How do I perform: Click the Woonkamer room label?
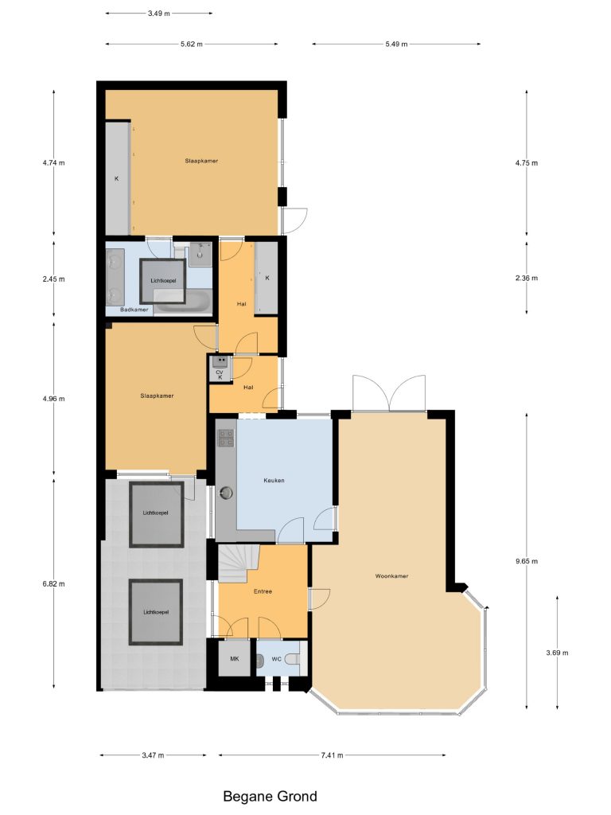tap(391, 576)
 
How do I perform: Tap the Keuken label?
tap(274, 480)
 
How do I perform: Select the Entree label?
tap(263, 591)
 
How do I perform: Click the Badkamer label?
tap(134, 310)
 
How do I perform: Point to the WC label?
tap(276, 659)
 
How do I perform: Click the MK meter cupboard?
tap(235, 658)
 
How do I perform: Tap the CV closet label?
tap(220, 372)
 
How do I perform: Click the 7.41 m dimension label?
tap(333, 755)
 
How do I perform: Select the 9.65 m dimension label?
tap(527, 561)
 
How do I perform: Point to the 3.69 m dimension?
tap(557, 653)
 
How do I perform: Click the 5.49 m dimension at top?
tap(396, 45)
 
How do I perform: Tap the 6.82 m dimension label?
tap(54, 583)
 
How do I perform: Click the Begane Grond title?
tap(270, 796)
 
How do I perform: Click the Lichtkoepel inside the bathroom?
tap(163, 281)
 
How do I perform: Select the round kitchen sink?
tap(226, 492)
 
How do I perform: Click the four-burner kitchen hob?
tap(226, 438)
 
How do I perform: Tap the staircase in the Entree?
tap(239, 563)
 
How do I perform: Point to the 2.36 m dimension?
tap(527, 278)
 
